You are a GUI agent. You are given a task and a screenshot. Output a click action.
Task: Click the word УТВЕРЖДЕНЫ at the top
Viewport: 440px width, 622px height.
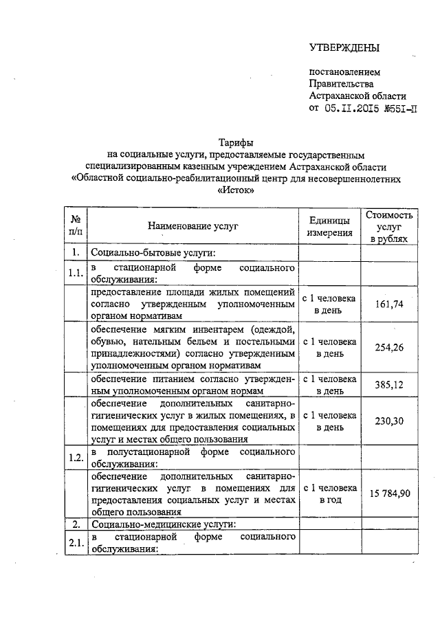344,47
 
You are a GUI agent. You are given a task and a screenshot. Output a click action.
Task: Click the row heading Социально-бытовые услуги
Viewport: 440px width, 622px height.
154,253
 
